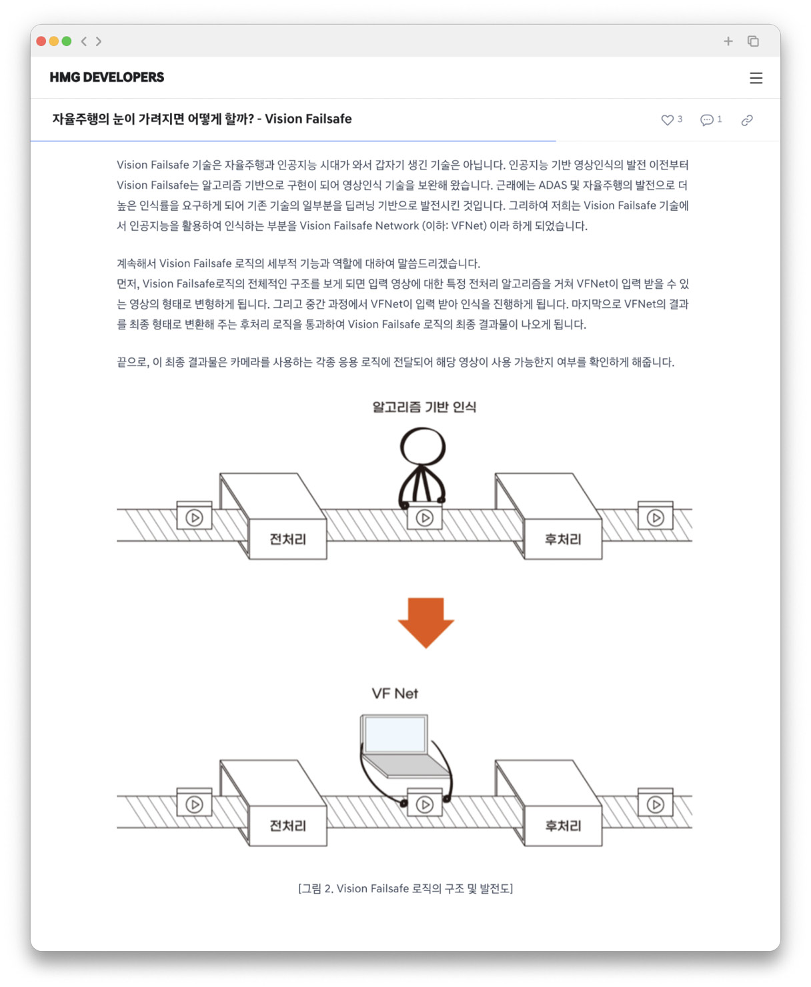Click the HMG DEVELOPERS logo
107,77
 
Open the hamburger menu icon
756,78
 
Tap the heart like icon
667,120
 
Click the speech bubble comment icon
706,120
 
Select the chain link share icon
747,120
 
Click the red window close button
41,41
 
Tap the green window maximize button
67,41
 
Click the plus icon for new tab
728,41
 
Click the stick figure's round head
423,446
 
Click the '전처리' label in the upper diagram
287,539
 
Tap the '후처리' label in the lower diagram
563,826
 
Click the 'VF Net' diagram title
395,694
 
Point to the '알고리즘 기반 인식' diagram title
424,407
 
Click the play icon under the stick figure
425,518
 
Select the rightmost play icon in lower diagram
655,804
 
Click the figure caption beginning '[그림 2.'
405,888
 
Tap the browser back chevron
84,41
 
